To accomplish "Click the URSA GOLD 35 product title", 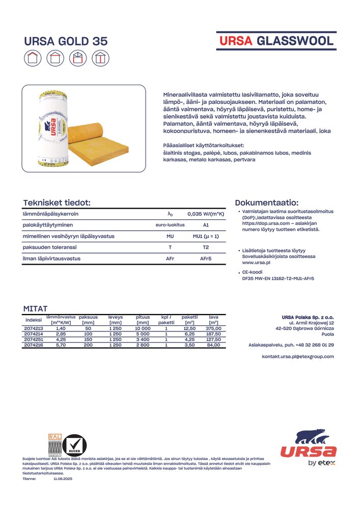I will (66, 42).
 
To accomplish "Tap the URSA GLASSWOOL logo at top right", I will (276, 41).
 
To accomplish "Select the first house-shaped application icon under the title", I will (33, 59).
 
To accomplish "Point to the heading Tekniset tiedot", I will (57, 203).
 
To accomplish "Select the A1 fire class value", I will (206, 225).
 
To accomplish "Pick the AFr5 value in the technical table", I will (206, 259).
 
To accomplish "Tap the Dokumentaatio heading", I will (266, 202).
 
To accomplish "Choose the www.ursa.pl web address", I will (256, 263).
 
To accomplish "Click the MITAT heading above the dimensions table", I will (35, 308).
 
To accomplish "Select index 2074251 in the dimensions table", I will (34, 339).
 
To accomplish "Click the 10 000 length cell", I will (143, 329).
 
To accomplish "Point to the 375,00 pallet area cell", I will (213, 329).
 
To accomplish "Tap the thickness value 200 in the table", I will (88, 345).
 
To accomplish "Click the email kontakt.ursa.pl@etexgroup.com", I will (298, 356).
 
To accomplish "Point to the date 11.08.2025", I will (63, 478).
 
